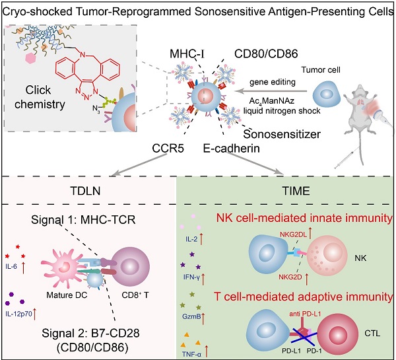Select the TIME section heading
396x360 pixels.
[291, 188]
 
